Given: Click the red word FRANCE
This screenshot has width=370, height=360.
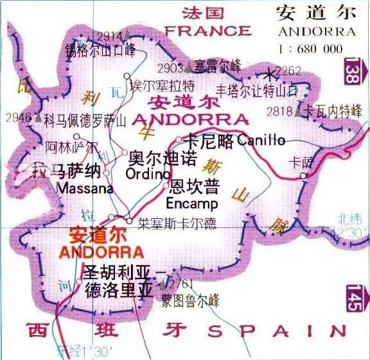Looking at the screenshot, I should tap(207, 30).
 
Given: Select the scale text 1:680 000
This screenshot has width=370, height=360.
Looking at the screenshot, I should tap(310, 48).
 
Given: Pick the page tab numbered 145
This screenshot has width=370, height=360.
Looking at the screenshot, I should tap(351, 299).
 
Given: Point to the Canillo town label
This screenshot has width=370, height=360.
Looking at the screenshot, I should tap(260, 139).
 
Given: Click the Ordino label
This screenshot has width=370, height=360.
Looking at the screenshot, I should tap(148, 174).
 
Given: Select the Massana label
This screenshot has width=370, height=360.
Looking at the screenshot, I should tap(85, 189).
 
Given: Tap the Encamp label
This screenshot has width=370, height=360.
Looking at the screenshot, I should tap(191, 204).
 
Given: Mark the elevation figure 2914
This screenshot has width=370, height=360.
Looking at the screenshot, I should tap(110, 35).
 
